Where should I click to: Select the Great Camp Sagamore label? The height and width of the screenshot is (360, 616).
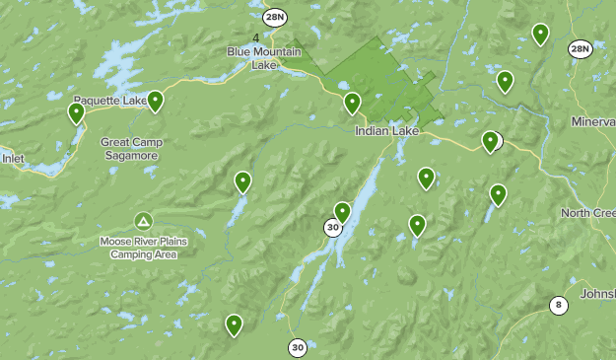pos(131,148)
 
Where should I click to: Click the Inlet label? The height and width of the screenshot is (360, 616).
pos(13,157)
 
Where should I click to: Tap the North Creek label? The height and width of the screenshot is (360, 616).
pos(588,213)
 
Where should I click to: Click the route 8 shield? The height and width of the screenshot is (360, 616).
pos(559,305)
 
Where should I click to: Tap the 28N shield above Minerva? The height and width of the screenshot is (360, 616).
pos(580,48)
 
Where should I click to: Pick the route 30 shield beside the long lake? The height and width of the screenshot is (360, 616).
pos(333,228)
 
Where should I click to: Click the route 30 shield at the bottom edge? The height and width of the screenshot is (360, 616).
pos(298,347)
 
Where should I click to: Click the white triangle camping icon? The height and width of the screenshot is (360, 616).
pos(143,220)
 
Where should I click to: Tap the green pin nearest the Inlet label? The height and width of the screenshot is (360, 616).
pos(76,113)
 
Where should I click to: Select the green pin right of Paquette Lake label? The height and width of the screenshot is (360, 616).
pos(155,101)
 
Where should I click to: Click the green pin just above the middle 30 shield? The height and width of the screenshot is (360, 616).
pos(342,211)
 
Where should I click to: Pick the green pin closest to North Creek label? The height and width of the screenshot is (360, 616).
pos(498,194)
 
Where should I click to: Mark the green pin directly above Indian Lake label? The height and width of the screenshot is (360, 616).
pos(352,103)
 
